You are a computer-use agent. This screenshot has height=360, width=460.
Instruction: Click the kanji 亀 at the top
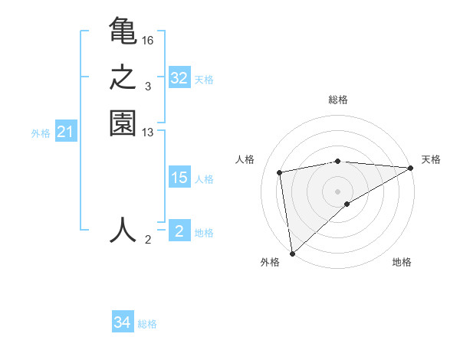(123, 32)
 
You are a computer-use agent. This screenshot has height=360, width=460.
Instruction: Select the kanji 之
(123, 78)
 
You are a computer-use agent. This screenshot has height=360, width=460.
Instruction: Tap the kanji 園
(123, 124)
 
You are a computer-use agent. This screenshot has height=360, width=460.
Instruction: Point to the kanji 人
(123, 230)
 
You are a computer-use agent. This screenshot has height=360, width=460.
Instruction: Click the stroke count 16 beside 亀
(148, 40)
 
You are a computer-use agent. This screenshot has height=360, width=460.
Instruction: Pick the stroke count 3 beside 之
(148, 86)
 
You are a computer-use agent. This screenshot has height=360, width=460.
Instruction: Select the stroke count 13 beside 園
(148, 133)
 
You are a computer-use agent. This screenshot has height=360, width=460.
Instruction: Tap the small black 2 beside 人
(148, 240)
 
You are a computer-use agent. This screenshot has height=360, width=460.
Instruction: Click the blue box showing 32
(179, 78)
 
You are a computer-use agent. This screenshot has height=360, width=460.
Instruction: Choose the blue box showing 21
(65, 133)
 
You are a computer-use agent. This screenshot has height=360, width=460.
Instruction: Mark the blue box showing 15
(179, 178)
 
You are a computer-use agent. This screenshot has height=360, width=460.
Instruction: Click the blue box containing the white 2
(179, 231)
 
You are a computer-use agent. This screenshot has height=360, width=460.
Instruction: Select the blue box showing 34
(123, 323)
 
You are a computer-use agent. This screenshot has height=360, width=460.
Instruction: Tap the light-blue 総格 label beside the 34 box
(148, 324)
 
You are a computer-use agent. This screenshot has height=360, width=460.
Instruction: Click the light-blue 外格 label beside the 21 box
(41, 133)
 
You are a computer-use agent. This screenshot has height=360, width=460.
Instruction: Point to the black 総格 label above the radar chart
(338, 100)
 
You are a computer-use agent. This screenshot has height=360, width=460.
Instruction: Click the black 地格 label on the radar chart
(402, 262)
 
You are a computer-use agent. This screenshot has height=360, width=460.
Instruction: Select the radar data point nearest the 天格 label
(410, 169)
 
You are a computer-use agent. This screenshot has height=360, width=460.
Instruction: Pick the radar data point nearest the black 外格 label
(292, 253)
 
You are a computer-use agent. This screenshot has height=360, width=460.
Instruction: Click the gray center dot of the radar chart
(338, 191)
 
